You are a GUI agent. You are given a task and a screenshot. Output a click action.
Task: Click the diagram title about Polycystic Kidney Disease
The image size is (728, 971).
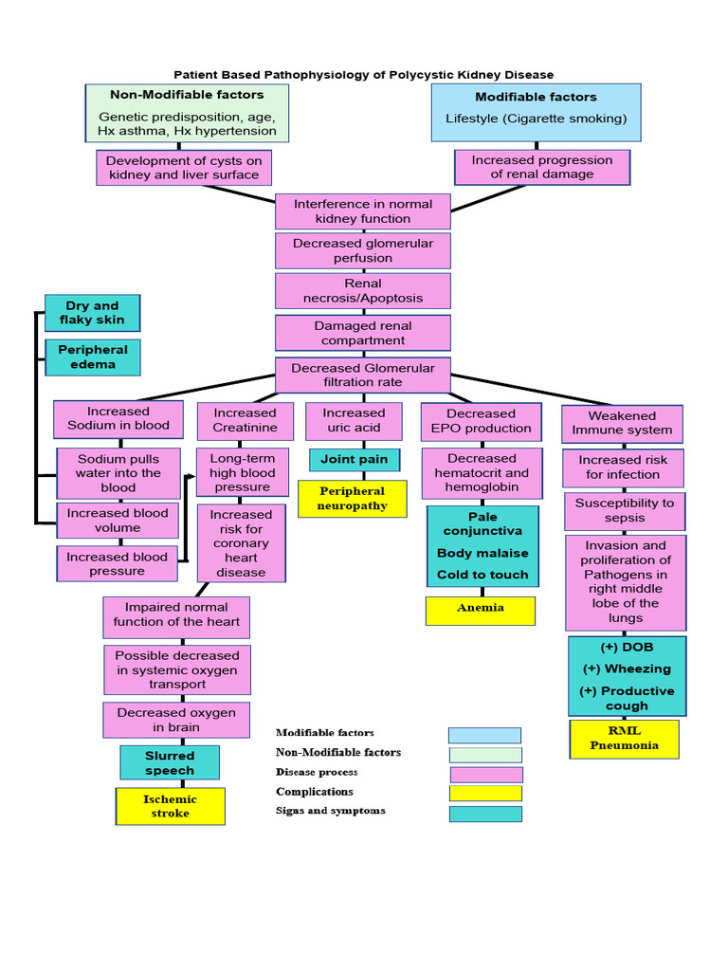pyautogui.click(x=363, y=74)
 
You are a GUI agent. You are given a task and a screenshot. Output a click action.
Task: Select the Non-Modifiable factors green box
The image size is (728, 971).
pyautogui.click(x=187, y=114)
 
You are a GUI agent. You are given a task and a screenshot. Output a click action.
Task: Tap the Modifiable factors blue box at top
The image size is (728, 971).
pyautogui.click(x=536, y=112)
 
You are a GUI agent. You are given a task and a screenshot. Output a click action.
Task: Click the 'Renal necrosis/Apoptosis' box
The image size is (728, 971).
pyautogui.click(x=362, y=291)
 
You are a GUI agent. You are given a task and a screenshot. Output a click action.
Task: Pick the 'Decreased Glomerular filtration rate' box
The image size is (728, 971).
pyautogui.click(x=362, y=375)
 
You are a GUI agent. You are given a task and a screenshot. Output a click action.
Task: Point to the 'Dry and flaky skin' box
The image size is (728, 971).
pyautogui.click(x=93, y=313)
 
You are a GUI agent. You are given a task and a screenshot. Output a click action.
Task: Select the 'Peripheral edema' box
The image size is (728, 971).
pyautogui.click(x=93, y=357)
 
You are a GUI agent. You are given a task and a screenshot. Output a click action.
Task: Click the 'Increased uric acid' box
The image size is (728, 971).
pyautogui.click(x=354, y=421)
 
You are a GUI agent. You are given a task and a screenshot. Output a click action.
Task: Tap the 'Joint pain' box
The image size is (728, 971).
pyautogui.click(x=354, y=460)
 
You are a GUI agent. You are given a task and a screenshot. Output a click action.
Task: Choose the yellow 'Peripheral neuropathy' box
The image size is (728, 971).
pyautogui.click(x=352, y=499)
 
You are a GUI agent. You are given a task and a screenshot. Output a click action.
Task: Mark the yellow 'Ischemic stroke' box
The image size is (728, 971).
pyautogui.click(x=171, y=806)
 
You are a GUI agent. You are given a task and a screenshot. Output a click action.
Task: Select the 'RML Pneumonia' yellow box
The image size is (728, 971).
pyautogui.click(x=624, y=739)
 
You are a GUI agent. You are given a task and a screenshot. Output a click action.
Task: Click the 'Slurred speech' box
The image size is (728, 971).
pyautogui.click(x=170, y=762)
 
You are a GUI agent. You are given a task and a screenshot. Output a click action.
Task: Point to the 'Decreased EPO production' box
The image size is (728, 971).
pyautogui.click(x=482, y=422)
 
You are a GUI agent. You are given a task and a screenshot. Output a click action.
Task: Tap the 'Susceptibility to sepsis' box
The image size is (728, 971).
pyautogui.click(x=624, y=511)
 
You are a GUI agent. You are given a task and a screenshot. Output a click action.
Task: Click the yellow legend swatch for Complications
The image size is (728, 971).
pyautogui.click(x=485, y=793)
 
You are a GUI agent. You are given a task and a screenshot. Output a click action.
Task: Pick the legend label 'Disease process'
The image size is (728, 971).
pyautogui.click(x=317, y=772)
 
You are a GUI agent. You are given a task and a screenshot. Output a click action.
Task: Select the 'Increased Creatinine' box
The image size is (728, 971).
pyautogui.click(x=246, y=421)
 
